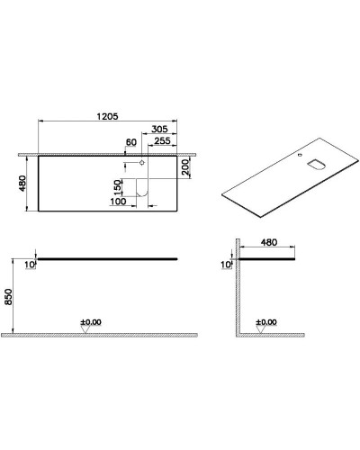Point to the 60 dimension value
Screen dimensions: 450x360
(131, 142)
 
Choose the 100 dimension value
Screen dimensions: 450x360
(117, 201)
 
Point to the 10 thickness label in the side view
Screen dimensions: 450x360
(226, 265)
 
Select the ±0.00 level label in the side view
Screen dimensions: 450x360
(265, 321)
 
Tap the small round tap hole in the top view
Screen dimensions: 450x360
(142, 163)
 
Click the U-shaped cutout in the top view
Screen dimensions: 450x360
(141, 186)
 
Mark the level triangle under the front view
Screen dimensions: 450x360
(85, 330)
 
